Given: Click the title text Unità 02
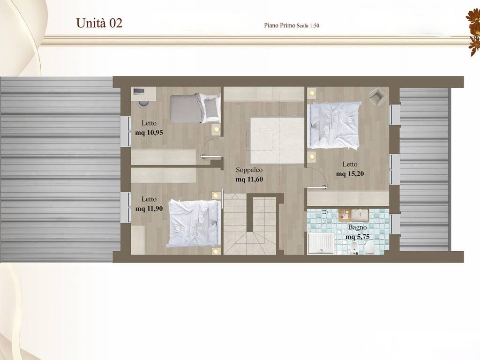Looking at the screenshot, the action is [x=99, y=23].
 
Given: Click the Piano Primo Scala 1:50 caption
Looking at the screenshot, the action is [x=292, y=25].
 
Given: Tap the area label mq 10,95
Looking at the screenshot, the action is [x=149, y=133].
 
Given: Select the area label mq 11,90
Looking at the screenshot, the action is [x=149, y=209].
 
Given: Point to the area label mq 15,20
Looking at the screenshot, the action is [x=350, y=174].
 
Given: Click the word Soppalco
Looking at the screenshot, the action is [x=249, y=170].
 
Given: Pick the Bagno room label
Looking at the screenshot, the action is [x=357, y=227].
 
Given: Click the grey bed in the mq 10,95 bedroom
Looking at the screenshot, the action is [x=195, y=108].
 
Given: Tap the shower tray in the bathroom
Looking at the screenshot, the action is [x=321, y=243].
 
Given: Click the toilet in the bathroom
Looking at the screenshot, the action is [x=369, y=247].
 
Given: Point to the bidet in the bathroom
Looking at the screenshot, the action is [x=353, y=248].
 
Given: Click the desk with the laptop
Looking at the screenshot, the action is [x=144, y=93].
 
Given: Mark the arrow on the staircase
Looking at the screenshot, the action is [x=235, y=196].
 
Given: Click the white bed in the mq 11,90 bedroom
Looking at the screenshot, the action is [x=194, y=223].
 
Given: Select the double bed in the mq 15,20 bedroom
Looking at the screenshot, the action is [x=334, y=126].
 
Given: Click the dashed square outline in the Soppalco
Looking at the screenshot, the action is [x=260, y=140].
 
